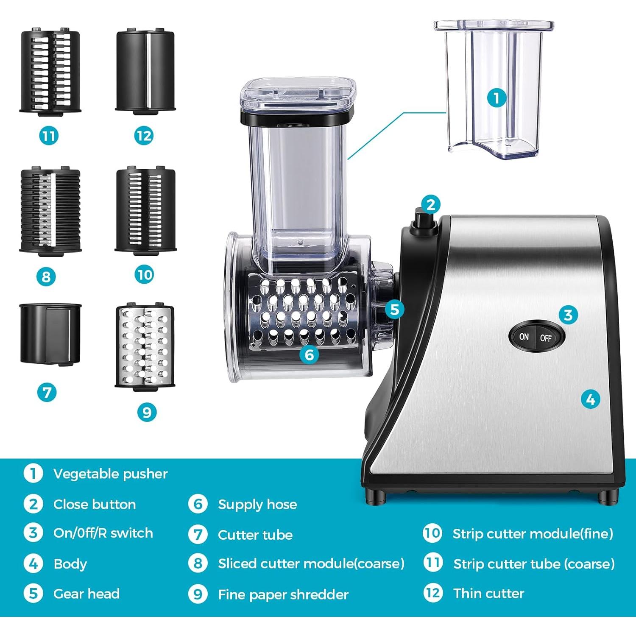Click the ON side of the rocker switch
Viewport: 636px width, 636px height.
click(x=524, y=337)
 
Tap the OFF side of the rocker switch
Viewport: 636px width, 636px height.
click(x=547, y=338)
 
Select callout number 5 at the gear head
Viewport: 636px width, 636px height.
click(x=394, y=310)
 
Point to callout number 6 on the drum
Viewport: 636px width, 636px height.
click(x=309, y=354)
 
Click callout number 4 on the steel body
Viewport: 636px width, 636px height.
click(x=590, y=399)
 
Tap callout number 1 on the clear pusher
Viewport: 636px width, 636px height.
click(x=497, y=98)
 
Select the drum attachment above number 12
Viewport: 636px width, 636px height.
click(x=145, y=71)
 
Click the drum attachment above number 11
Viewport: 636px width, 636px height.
click(x=50, y=71)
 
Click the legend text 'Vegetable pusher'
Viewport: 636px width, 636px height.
click(x=110, y=474)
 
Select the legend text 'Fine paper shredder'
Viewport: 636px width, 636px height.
click(x=283, y=594)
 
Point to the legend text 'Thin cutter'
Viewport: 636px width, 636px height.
click(x=488, y=593)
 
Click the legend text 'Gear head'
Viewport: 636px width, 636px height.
click(x=86, y=594)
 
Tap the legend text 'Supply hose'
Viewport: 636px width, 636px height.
click(x=257, y=504)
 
